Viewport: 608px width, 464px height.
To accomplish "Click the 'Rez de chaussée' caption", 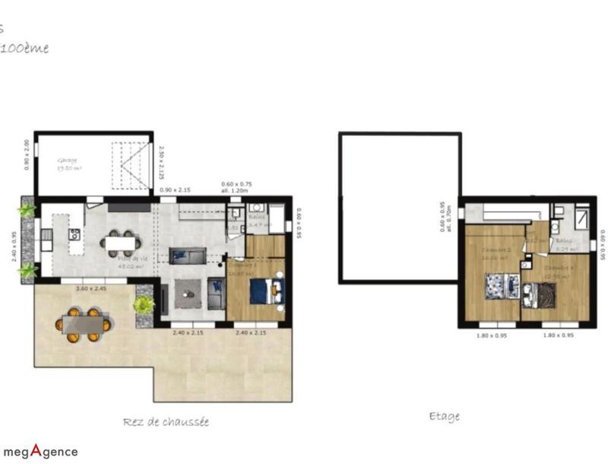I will (166, 421).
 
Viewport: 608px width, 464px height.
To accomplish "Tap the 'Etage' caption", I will (444, 416).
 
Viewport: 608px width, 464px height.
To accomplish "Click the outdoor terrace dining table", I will (84, 324).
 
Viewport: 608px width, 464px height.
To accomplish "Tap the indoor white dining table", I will (120, 243).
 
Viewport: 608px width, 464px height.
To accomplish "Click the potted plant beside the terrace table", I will (143, 305).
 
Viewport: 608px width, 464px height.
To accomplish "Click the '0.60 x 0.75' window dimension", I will (236, 187).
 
